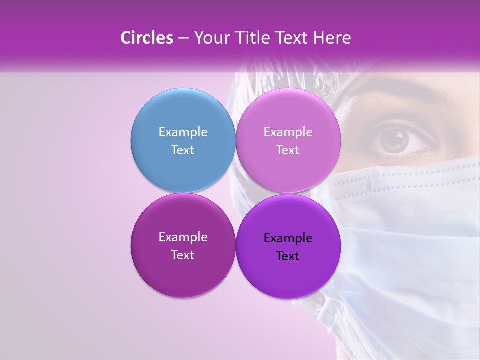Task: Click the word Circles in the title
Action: pos(147,38)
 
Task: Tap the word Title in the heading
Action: pos(252,38)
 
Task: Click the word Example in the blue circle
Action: pos(183,132)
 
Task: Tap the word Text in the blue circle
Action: pos(183,150)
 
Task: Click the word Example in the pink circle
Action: pos(288,132)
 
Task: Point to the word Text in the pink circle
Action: pos(288,150)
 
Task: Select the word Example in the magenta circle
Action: pos(183,237)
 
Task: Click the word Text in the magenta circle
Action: pos(183,255)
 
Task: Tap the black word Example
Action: pos(288,238)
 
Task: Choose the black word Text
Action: pos(288,256)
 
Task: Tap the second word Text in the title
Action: pos(292,38)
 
